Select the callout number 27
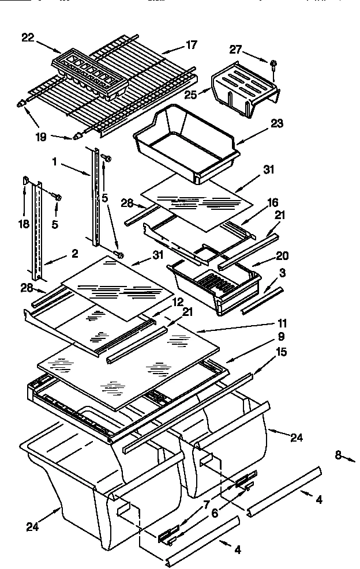(x=235, y=50)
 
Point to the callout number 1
(x=54, y=163)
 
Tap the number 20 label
(x=283, y=256)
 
